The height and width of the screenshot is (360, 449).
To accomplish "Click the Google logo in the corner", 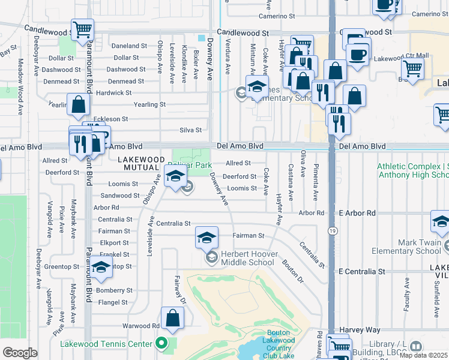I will (19, 353).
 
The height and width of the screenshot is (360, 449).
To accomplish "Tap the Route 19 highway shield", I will (331, 230).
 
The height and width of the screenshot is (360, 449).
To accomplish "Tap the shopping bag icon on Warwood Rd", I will (172, 320).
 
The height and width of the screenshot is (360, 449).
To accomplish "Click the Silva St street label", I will (190, 130).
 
